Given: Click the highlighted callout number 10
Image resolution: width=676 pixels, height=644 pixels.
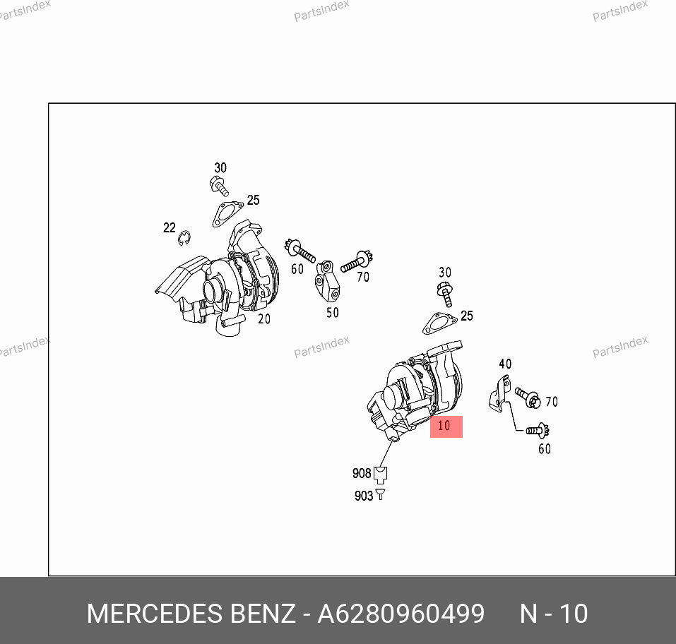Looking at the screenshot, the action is [x=444, y=426].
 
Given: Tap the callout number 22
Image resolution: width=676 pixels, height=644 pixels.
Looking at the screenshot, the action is [x=170, y=227].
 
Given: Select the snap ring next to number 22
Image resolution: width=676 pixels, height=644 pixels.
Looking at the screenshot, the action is [x=185, y=239].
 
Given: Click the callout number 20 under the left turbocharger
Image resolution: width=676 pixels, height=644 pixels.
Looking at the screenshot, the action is [x=264, y=319].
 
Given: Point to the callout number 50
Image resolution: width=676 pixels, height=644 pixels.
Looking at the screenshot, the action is [x=333, y=313].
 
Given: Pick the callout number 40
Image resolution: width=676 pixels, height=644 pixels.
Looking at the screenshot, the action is [x=505, y=364].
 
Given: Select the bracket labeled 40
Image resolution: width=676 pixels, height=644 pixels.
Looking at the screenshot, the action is [x=500, y=393].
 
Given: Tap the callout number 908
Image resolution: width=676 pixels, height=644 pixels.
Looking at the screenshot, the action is [x=362, y=473].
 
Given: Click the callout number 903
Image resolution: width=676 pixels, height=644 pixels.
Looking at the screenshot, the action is [x=364, y=496].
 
